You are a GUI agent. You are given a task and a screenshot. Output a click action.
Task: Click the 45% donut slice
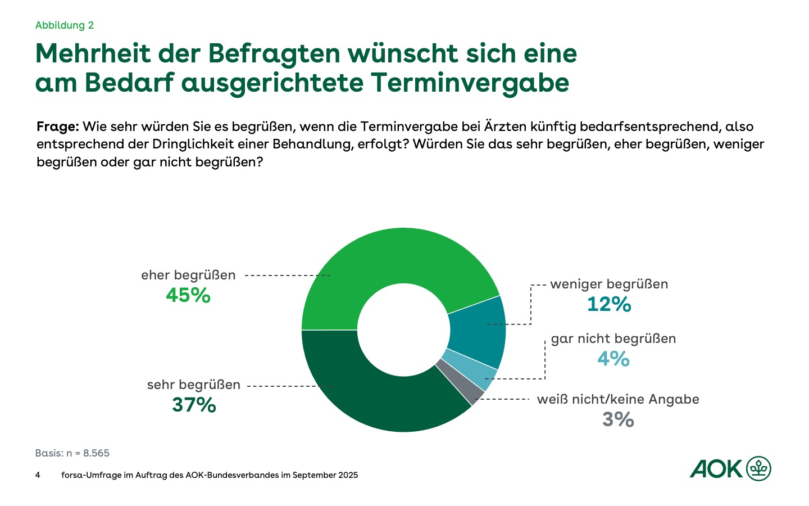tap(393, 259)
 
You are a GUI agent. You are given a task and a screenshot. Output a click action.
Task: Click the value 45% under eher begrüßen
tap(188, 295)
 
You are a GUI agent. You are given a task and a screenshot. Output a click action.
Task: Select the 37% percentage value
tap(194, 405)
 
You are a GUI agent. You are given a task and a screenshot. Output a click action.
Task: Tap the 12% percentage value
tap(609, 305)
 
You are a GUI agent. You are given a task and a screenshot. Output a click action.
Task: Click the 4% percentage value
tap(613, 359)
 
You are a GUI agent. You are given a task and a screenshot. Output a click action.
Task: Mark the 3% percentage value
tap(618, 419)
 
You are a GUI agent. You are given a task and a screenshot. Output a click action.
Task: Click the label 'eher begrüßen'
tap(188, 275)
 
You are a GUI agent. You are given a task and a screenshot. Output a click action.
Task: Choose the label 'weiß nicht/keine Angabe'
tap(618, 399)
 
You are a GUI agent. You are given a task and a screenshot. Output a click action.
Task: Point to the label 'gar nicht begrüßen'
tap(613, 338)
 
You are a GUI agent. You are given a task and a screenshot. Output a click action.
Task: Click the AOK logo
tap(730, 468)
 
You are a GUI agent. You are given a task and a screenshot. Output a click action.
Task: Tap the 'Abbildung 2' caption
tap(65, 25)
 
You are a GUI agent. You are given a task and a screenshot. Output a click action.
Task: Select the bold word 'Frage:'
tap(57, 126)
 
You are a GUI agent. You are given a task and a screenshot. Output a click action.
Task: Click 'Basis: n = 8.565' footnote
tap(72, 453)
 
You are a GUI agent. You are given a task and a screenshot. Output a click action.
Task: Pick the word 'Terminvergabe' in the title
tap(470, 82)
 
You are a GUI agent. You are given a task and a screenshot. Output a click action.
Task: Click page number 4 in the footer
tap(38, 475)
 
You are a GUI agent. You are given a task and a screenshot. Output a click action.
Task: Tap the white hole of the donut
tap(403, 330)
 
